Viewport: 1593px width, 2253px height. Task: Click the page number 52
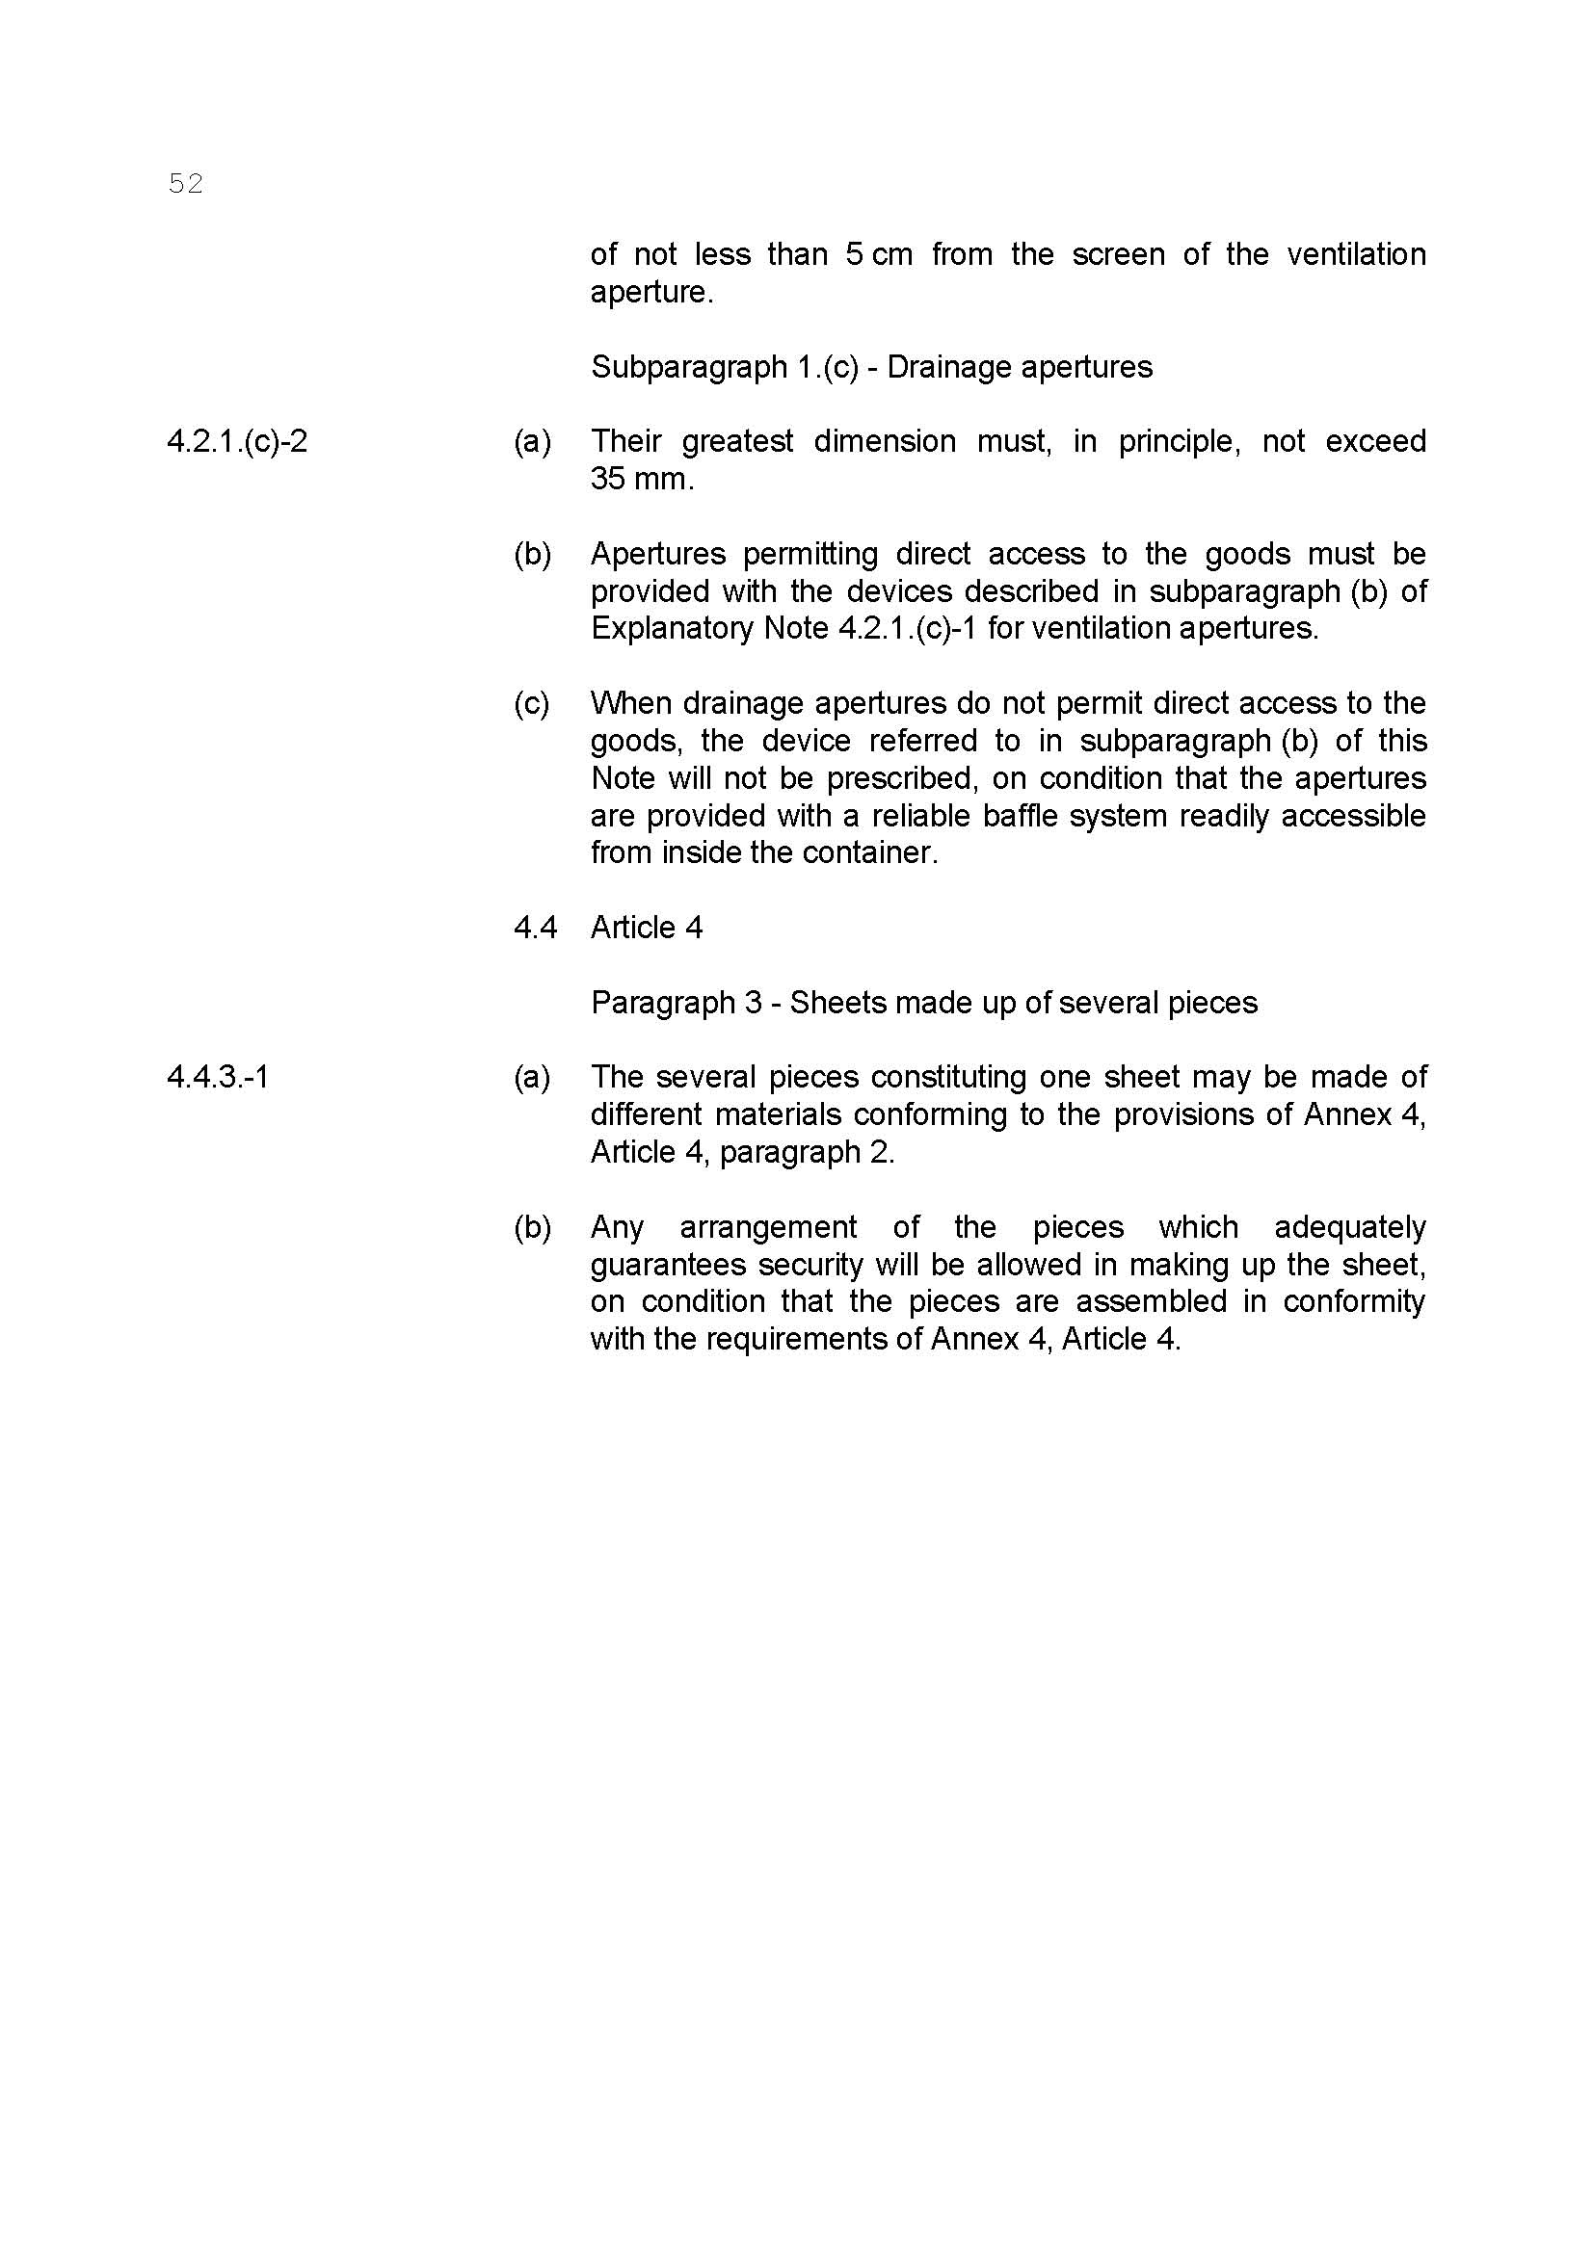(x=185, y=184)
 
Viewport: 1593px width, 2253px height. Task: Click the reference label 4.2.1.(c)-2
(x=236, y=441)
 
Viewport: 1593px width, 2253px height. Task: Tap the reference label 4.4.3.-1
(x=218, y=1078)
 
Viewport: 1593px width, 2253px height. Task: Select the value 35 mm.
(x=641, y=479)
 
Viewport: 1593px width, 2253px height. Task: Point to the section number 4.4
(x=535, y=928)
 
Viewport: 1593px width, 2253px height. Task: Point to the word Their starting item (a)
(x=627, y=441)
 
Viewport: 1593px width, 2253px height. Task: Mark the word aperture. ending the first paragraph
(x=650, y=293)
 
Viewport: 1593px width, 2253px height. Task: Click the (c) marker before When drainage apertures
(x=531, y=703)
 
